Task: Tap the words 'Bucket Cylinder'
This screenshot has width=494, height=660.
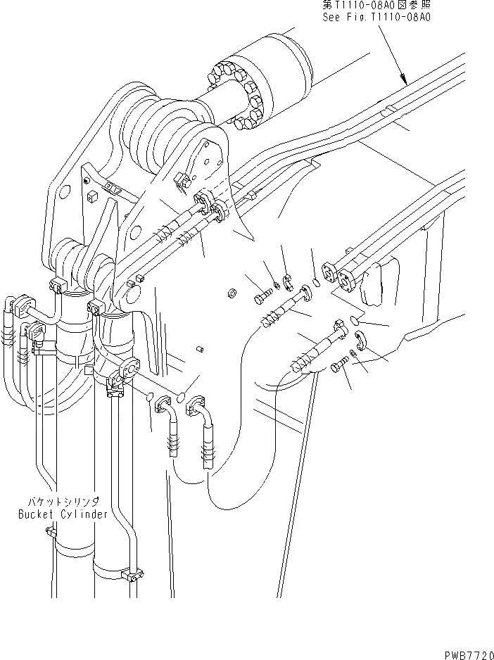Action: (x=63, y=514)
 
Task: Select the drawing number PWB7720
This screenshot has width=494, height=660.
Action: (x=465, y=652)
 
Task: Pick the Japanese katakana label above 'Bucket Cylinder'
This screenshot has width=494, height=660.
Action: (x=63, y=501)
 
